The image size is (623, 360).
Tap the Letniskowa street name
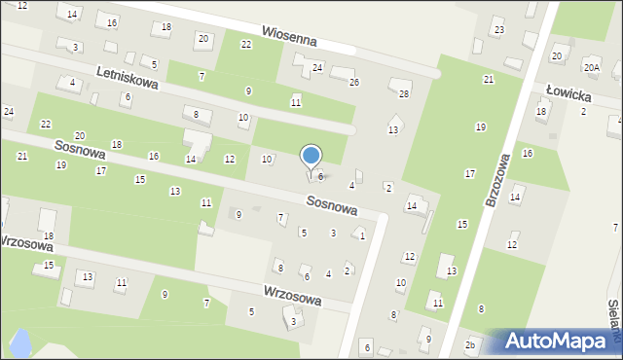pyautogui.click(x=127, y=78)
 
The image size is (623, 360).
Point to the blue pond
pyautogui.click(x=18, y=342)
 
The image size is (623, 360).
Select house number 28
pyautogui.click(x=404, y=93)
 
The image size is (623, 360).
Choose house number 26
pyautogui.click(x=354, y=82)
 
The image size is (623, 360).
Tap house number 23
pyautogui.click(x=498, y=30)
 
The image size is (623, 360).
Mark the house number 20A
pyautogui.click(x=591, y=66)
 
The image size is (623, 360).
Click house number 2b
pyautogui.click(x=470, y=345)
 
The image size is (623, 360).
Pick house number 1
pyautogui.click(x=362, y=235)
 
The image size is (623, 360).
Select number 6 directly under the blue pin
pyautogui.click(x=320, y=176)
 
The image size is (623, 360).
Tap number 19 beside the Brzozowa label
pyautogui.click(x=480, y=127)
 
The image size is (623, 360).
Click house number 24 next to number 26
pyautogui.click(x=317, y=67)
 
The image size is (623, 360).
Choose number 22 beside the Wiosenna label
pyautogui.click(x=246, y=45)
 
